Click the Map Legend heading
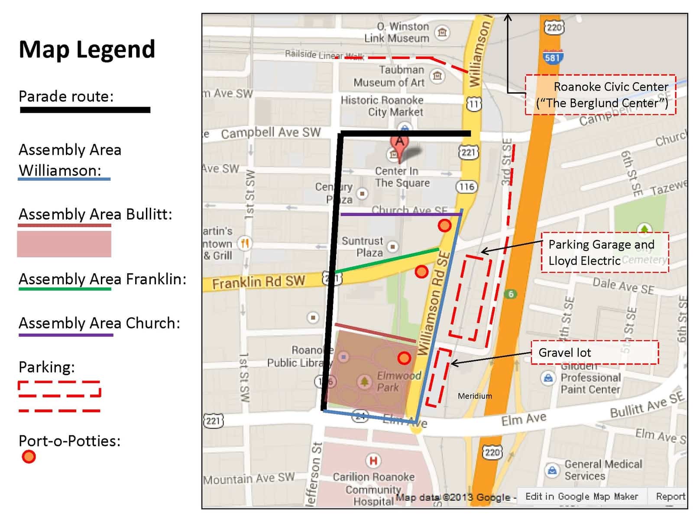87,49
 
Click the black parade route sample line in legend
85,110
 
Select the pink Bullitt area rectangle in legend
64,244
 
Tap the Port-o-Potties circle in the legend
29,457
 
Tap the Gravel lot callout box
594,352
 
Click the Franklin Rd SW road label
259,282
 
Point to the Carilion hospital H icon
373,461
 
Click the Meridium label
475,396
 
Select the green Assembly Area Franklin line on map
387,260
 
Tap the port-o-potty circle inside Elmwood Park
404,358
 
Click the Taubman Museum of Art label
389,76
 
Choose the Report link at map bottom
670,496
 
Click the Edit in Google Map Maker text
581,496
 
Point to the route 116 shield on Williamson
466,187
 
